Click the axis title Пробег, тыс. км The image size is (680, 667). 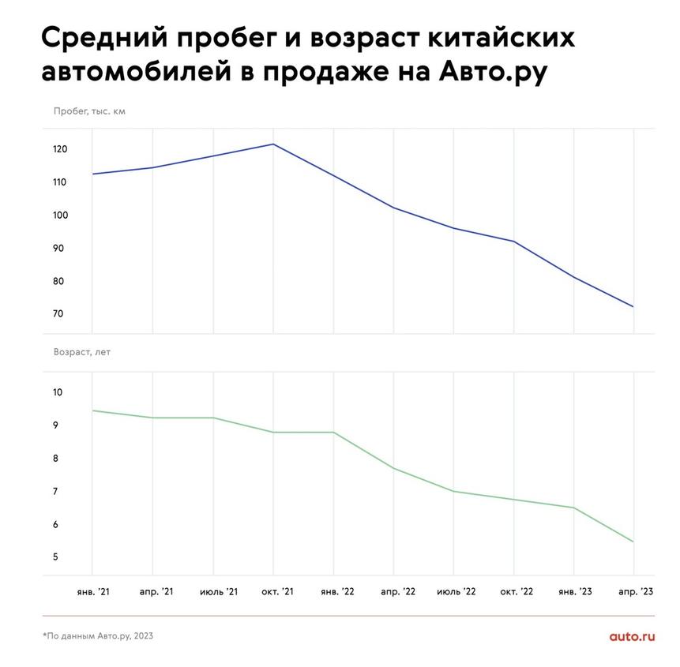[89, 111]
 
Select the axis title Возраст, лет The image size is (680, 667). [82, 352]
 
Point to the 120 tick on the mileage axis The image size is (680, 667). [60, 150]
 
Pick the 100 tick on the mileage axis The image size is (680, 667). [60, 215]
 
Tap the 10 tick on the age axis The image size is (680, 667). [58, 393]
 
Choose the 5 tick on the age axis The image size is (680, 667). [56, 557]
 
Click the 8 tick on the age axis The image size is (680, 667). [56, 459]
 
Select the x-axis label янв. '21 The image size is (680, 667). [92, 591]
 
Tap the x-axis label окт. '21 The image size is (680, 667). [272, 591]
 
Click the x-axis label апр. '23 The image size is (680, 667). [633, 591]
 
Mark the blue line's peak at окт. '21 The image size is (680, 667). [273, 144]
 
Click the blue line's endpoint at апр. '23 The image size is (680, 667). [633, 306]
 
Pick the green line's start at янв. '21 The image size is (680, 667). [92, 410]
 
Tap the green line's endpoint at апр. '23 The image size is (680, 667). [633, 541]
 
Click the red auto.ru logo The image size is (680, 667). [632, 635]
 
